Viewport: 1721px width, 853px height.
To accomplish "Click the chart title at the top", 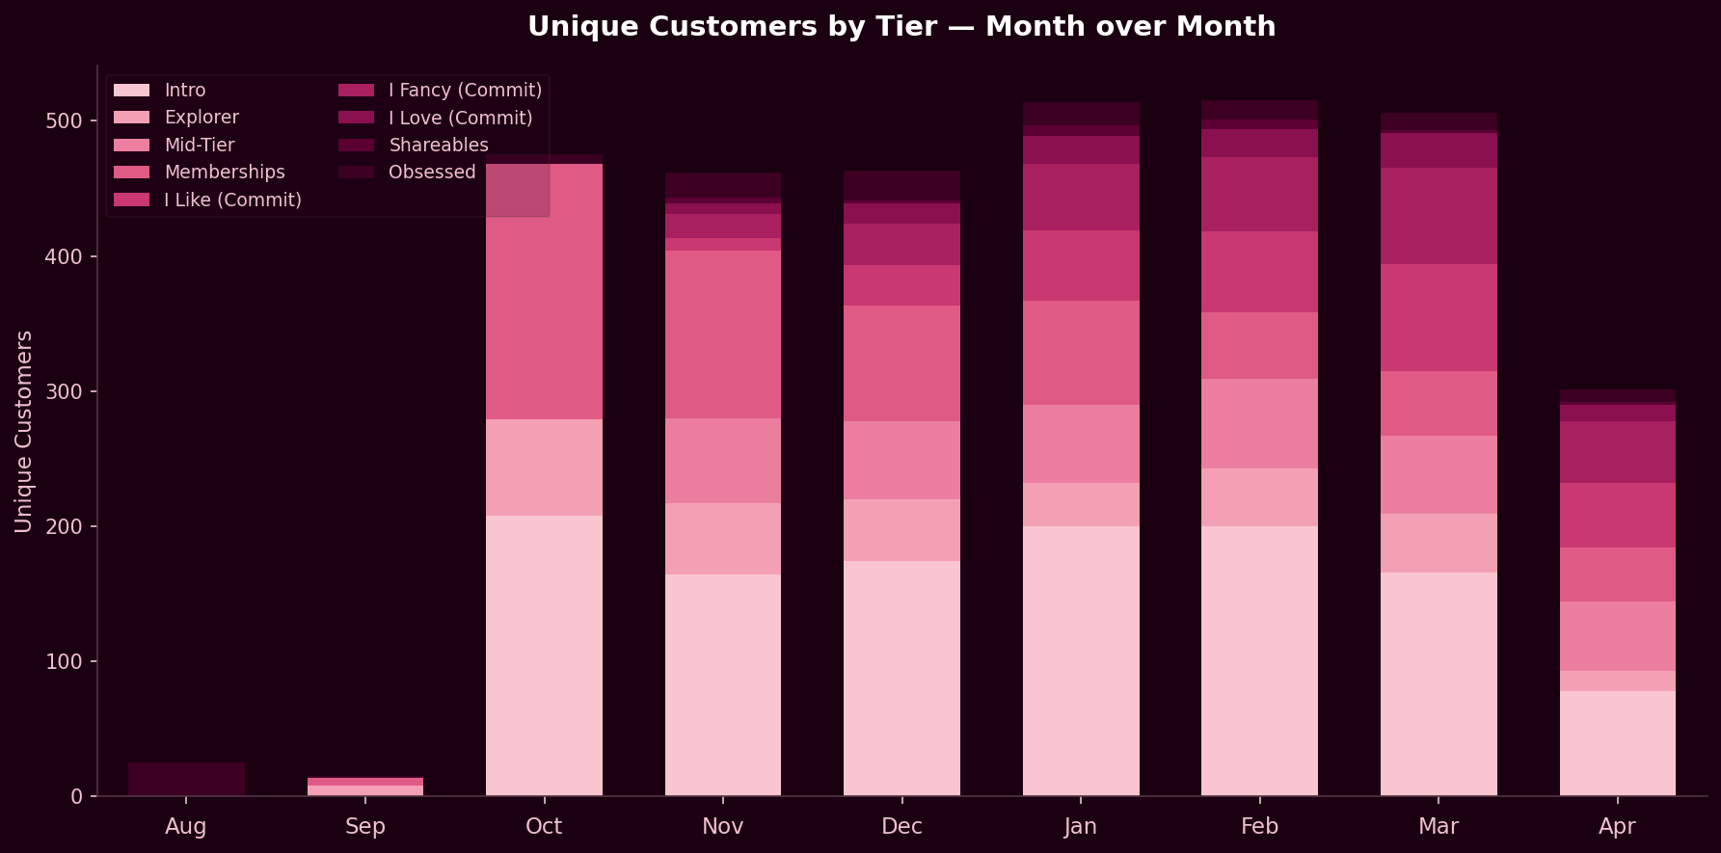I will click(901, 26).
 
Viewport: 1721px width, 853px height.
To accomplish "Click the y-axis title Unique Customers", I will click(24, 431).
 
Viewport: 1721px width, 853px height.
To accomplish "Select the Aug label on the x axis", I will click(186, 827).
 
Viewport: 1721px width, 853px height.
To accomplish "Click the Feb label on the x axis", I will click(1259, 827).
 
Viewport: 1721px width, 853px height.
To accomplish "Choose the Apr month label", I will click(1617, 827).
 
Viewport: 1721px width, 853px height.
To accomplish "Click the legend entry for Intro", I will click(184, 91).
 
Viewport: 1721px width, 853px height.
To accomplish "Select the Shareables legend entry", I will click(438, 146).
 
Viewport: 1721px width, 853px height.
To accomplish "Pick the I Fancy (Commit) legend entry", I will click(465, 91).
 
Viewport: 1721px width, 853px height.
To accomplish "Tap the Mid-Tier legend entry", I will click(199, 146).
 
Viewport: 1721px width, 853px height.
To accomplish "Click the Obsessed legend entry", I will click(431, 173).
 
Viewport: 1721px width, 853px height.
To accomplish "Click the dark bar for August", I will click(186, 779).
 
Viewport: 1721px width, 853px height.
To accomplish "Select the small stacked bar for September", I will click(365, 786).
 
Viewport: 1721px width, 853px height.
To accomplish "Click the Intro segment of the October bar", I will click(544, 655).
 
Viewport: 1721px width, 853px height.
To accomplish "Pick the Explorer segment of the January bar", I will click(1081, 504).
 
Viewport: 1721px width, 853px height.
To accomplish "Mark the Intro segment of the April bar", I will click(1617, 743).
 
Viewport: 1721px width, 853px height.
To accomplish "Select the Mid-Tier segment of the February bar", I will click(1259, 423).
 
